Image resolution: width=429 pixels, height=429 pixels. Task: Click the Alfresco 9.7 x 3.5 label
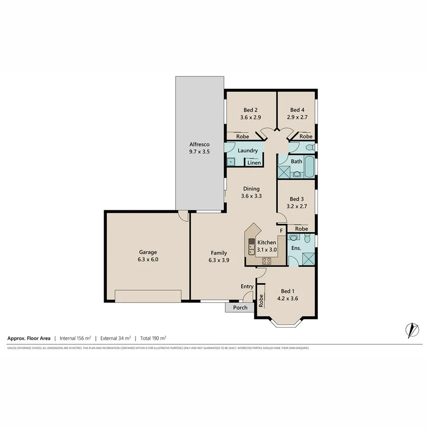(x=199, y=148)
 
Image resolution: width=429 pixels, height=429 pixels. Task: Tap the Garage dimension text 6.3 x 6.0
(x=148, y=260)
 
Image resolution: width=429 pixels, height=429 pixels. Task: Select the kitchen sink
(x=251, y=247)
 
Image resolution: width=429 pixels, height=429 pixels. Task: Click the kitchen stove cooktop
(x=266, y=260)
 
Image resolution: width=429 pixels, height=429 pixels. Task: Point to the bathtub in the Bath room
(x=309, y=167)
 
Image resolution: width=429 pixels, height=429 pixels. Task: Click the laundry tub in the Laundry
(x=231, y=162)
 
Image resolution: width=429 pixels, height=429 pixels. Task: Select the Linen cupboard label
(x=254, y=163)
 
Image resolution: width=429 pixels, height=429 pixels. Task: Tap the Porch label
(x=240, y=307)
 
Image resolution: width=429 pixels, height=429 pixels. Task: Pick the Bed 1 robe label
(x=261, y=300)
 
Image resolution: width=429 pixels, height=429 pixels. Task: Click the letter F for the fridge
(x=281, y=231)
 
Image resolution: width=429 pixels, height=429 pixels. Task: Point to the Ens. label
(x=296, y=248)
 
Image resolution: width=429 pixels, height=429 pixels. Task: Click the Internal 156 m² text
(x=75, y=338)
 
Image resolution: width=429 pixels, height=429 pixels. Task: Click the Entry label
(x=247, y=286)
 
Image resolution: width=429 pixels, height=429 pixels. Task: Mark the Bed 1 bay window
(x=286, y=323)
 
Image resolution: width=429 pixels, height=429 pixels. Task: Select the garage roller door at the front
(x=148, y=296)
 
